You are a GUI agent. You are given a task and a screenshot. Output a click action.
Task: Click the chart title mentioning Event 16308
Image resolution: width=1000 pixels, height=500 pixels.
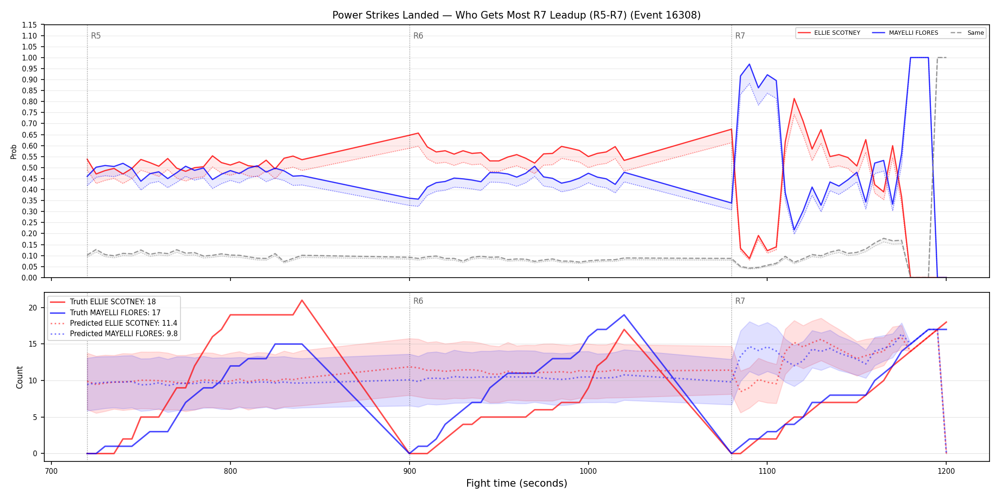516,15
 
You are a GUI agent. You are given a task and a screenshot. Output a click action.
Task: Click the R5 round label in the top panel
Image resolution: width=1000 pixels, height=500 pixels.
96,36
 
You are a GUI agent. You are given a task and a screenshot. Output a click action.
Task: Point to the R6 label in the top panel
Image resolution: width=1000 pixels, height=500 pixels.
418,36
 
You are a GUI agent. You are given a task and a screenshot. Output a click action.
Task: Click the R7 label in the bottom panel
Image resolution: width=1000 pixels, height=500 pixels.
740,301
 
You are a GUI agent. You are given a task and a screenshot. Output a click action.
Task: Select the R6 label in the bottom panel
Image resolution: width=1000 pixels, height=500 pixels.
418,301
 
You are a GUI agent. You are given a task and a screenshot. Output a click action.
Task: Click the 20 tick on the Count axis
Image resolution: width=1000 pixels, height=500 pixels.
33,308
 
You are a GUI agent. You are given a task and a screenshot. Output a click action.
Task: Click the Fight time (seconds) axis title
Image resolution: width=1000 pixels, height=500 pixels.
517,483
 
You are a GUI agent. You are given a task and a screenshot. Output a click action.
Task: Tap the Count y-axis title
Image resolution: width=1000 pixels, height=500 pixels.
20,377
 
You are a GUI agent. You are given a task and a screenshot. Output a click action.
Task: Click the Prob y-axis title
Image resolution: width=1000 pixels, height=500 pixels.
14,151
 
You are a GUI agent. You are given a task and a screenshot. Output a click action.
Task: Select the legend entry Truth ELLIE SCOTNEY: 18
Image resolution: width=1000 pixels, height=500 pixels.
113,302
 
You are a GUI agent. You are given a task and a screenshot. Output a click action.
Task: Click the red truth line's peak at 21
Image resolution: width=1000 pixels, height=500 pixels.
302,300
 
